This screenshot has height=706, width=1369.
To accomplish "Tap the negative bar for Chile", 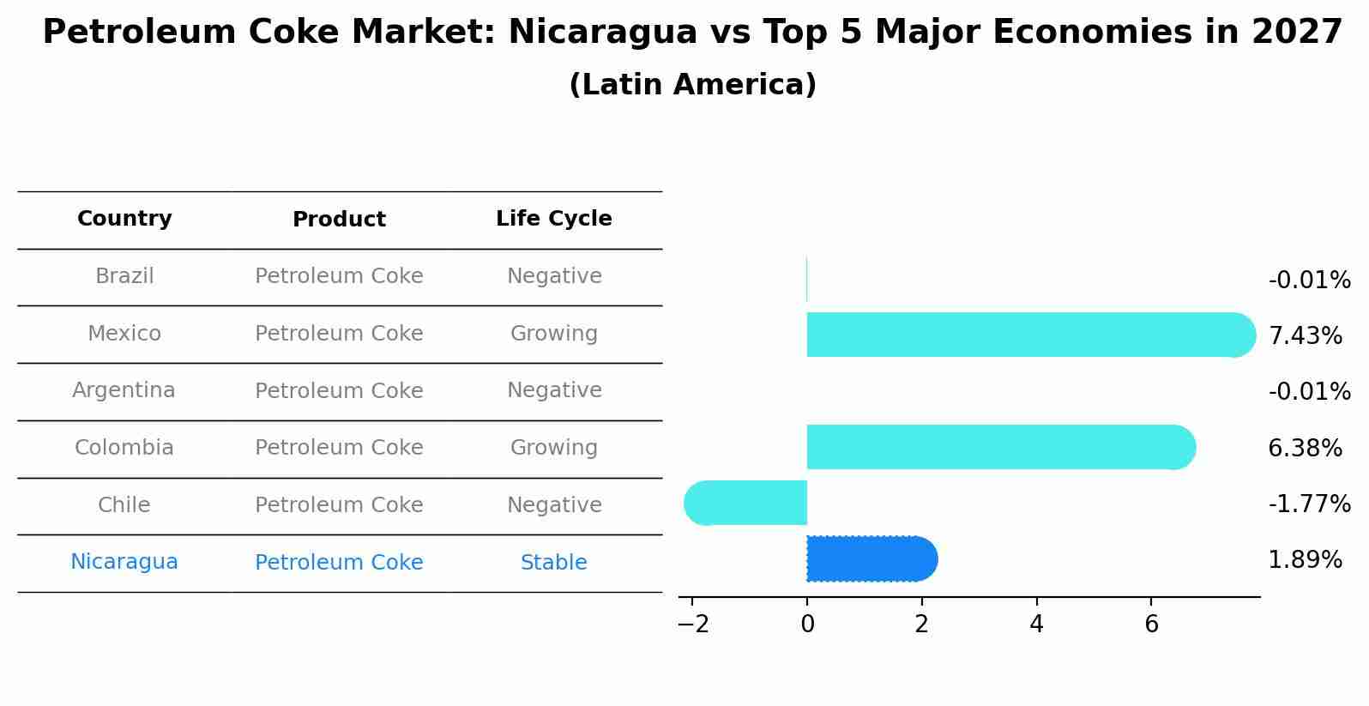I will point(746,503).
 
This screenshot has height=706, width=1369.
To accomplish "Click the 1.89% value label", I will point(1305,560).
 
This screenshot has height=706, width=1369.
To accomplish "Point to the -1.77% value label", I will point(1309,504).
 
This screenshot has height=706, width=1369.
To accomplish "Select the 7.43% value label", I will point(1305,335).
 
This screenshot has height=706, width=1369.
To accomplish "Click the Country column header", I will point(124,219).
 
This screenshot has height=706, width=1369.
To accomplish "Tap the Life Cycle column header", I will point(553,219).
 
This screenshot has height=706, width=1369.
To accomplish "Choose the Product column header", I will point(339,220).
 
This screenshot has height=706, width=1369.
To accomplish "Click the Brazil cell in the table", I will point(124,276).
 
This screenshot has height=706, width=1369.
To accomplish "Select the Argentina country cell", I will point(124,390).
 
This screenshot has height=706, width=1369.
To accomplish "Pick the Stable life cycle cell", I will point(553,563).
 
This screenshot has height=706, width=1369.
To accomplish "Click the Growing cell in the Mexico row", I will point(553,334).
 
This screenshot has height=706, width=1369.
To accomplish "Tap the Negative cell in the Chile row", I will point(553,505).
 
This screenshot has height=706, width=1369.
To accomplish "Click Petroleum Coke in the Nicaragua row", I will point(339,563).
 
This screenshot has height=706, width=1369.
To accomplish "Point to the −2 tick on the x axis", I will point(692,625).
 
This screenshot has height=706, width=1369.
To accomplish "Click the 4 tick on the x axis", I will point(1036,625).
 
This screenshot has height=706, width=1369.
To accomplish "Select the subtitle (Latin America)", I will point(692,85).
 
